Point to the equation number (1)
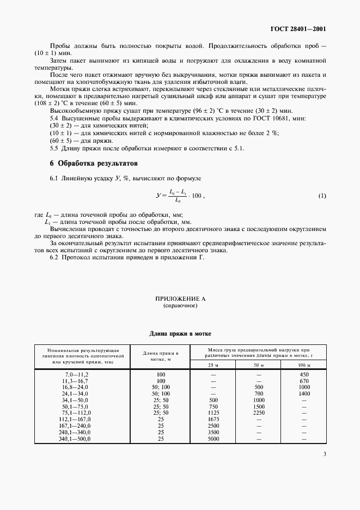pos(322,195)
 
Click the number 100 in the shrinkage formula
pos(194,195)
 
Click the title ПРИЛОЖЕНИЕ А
pos(180,299)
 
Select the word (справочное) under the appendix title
pos(180,306)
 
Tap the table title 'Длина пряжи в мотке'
pos(180,333)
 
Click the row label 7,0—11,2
pos(76,374)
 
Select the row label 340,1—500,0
pos(76,439)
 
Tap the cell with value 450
pos(304,374)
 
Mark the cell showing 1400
pos(304,393)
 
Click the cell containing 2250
pos(259,413)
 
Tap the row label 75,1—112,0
pos(76,413)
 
